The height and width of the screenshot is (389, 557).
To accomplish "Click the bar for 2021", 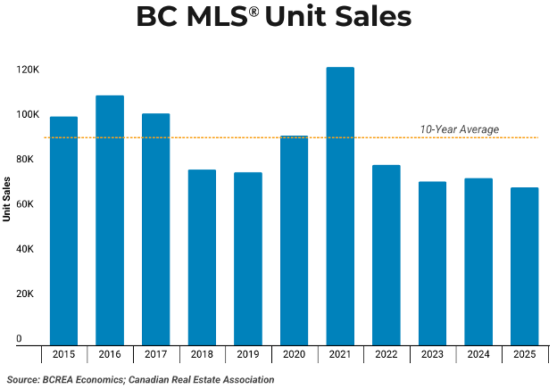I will (340, 205).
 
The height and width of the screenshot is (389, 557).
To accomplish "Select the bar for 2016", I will (110, 219).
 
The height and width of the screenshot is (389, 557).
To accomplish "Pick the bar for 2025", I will (524, 265).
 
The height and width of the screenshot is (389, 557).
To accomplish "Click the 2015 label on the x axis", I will (63, 354).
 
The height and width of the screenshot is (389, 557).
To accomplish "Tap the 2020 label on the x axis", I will (294, 354).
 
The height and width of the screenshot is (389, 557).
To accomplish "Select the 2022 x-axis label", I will (386, 354).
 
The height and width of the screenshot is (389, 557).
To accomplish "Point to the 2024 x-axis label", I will (478, 354).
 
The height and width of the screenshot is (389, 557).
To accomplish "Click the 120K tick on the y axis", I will (26, 70).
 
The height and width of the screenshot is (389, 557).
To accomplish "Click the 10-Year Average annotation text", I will (460, 129).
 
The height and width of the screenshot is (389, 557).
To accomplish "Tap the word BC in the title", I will (157, 18).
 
